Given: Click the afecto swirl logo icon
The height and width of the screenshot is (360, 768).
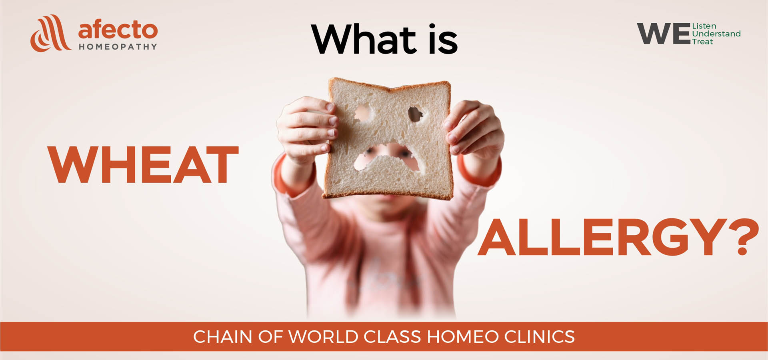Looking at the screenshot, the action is pos(50,34).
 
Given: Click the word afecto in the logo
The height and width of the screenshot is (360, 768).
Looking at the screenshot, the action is pos(118,30).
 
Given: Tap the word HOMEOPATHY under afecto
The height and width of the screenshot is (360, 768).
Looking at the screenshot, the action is pos(118,47).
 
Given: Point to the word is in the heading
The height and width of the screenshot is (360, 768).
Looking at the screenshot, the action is pos(443,39).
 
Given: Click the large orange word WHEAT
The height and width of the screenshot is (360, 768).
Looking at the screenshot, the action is pos(143,164).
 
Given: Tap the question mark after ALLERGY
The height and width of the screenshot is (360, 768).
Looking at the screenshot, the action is pos(744,237).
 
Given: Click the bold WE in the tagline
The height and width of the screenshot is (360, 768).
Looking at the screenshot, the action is pos(664,34).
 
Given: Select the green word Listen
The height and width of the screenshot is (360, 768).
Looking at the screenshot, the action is pos(704,26).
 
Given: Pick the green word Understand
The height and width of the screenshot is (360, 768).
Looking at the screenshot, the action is pos(716,34).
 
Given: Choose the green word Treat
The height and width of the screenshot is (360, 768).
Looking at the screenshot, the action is pos(702,42).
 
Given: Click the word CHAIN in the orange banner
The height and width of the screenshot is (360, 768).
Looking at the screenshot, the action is pos(222,337).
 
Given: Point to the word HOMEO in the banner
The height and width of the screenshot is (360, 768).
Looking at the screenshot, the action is pos(463,337).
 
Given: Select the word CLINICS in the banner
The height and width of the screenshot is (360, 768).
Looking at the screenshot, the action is pos(539,337).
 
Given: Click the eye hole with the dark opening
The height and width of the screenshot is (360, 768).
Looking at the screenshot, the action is pos(415,114).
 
